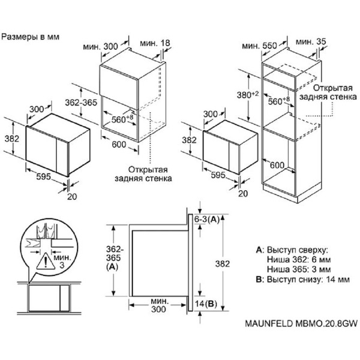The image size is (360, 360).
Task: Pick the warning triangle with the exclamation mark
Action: point(44,260)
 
